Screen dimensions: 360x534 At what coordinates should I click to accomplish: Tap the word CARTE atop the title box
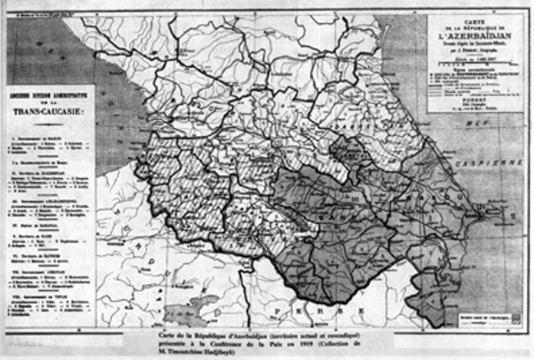[x=469, y=19]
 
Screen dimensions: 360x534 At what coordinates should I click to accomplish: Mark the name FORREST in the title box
[x=469, y=97]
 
